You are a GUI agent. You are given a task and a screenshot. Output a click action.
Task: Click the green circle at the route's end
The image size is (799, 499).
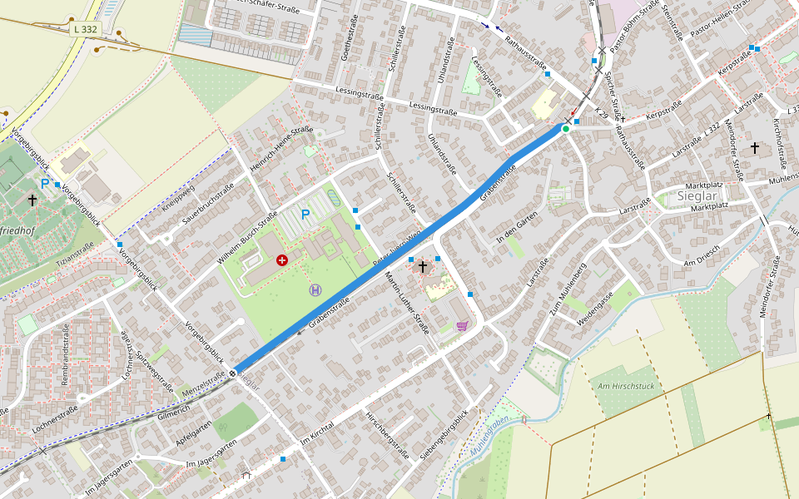pyautogui.click(x=566, y=129)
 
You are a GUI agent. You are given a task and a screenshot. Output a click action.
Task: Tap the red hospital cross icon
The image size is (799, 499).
pyautogui.click(x=282, y=260)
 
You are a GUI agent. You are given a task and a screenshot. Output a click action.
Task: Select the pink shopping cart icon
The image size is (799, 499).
pyautogui.click(x=462, y=326)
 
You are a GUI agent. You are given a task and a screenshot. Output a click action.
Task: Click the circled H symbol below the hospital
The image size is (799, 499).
pyautogui.click(x=315, y=289)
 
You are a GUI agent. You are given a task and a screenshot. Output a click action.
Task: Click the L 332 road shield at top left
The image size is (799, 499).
pyautogui.click(x=85, y=29)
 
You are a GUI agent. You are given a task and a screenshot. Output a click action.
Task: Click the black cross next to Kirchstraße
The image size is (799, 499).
pyautogui.click(x=755, y=148)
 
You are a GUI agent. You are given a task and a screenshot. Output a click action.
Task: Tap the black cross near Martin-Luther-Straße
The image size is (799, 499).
pyautogui.click(x=423, y=266)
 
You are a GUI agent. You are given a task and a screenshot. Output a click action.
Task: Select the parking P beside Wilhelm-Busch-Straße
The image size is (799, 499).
pyautogui.click(x=305, y=215)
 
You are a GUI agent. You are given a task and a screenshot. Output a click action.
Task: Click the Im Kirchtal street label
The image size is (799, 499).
pyautogui.click(x=318, y=431)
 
